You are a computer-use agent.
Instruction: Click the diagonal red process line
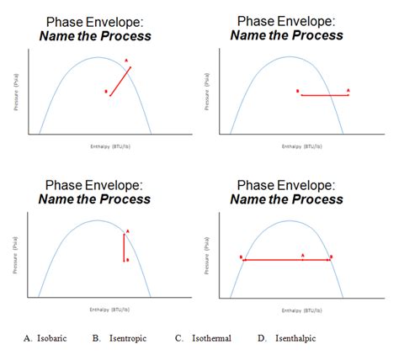(120, 79)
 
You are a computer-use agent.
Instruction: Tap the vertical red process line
(124, 247)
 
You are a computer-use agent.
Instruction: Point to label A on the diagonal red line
(126, 61)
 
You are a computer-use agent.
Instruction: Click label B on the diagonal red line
(106, 92)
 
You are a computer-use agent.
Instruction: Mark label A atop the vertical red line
(127, 230)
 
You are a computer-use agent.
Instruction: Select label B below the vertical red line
(127, 260)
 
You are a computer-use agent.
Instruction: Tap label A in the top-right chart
(348, 89)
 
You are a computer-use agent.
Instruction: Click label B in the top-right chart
(298, 92)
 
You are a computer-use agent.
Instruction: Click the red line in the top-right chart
(325, 95)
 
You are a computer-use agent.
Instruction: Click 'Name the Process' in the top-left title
(97, 35)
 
